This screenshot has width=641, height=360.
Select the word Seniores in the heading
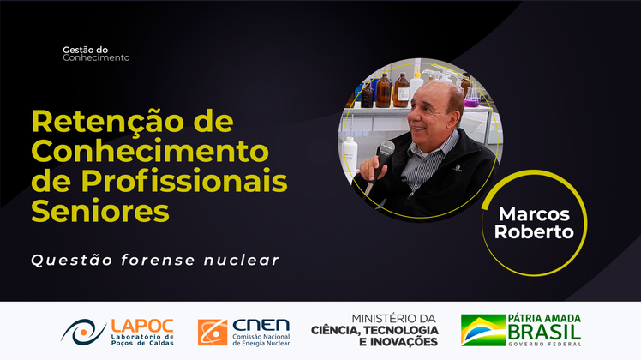coord(100,208)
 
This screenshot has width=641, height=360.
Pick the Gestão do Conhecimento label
coord(96,54)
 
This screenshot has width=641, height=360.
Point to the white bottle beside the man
coord(350,159)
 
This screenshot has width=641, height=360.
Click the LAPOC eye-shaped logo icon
coord(83,331)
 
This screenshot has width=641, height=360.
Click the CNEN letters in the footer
coord(261,326)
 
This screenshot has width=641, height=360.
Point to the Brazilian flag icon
coord(482,330)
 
